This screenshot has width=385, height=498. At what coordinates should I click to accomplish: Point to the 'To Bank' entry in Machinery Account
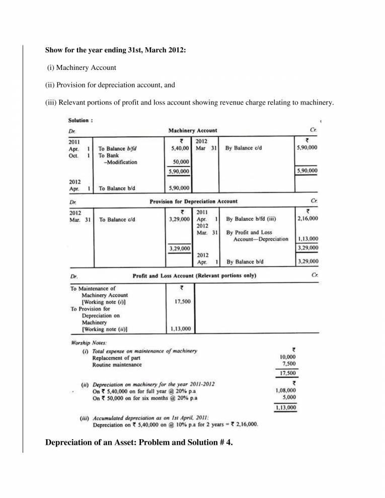(x=109, y=155)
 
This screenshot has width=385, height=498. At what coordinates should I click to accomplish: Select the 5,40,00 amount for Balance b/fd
(x=180, y=149)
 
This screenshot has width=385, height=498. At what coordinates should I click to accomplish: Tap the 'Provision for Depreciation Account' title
(x=193, y=201)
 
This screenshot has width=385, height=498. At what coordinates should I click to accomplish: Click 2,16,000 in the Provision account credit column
(x=307, y=219)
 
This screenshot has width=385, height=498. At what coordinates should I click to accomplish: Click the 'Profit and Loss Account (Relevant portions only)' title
(x=194, y=276)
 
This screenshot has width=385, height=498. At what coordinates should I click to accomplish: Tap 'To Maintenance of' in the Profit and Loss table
(x=93, y=289)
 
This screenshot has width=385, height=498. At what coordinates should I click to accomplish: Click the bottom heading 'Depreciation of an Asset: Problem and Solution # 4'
(x=139, y=443)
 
